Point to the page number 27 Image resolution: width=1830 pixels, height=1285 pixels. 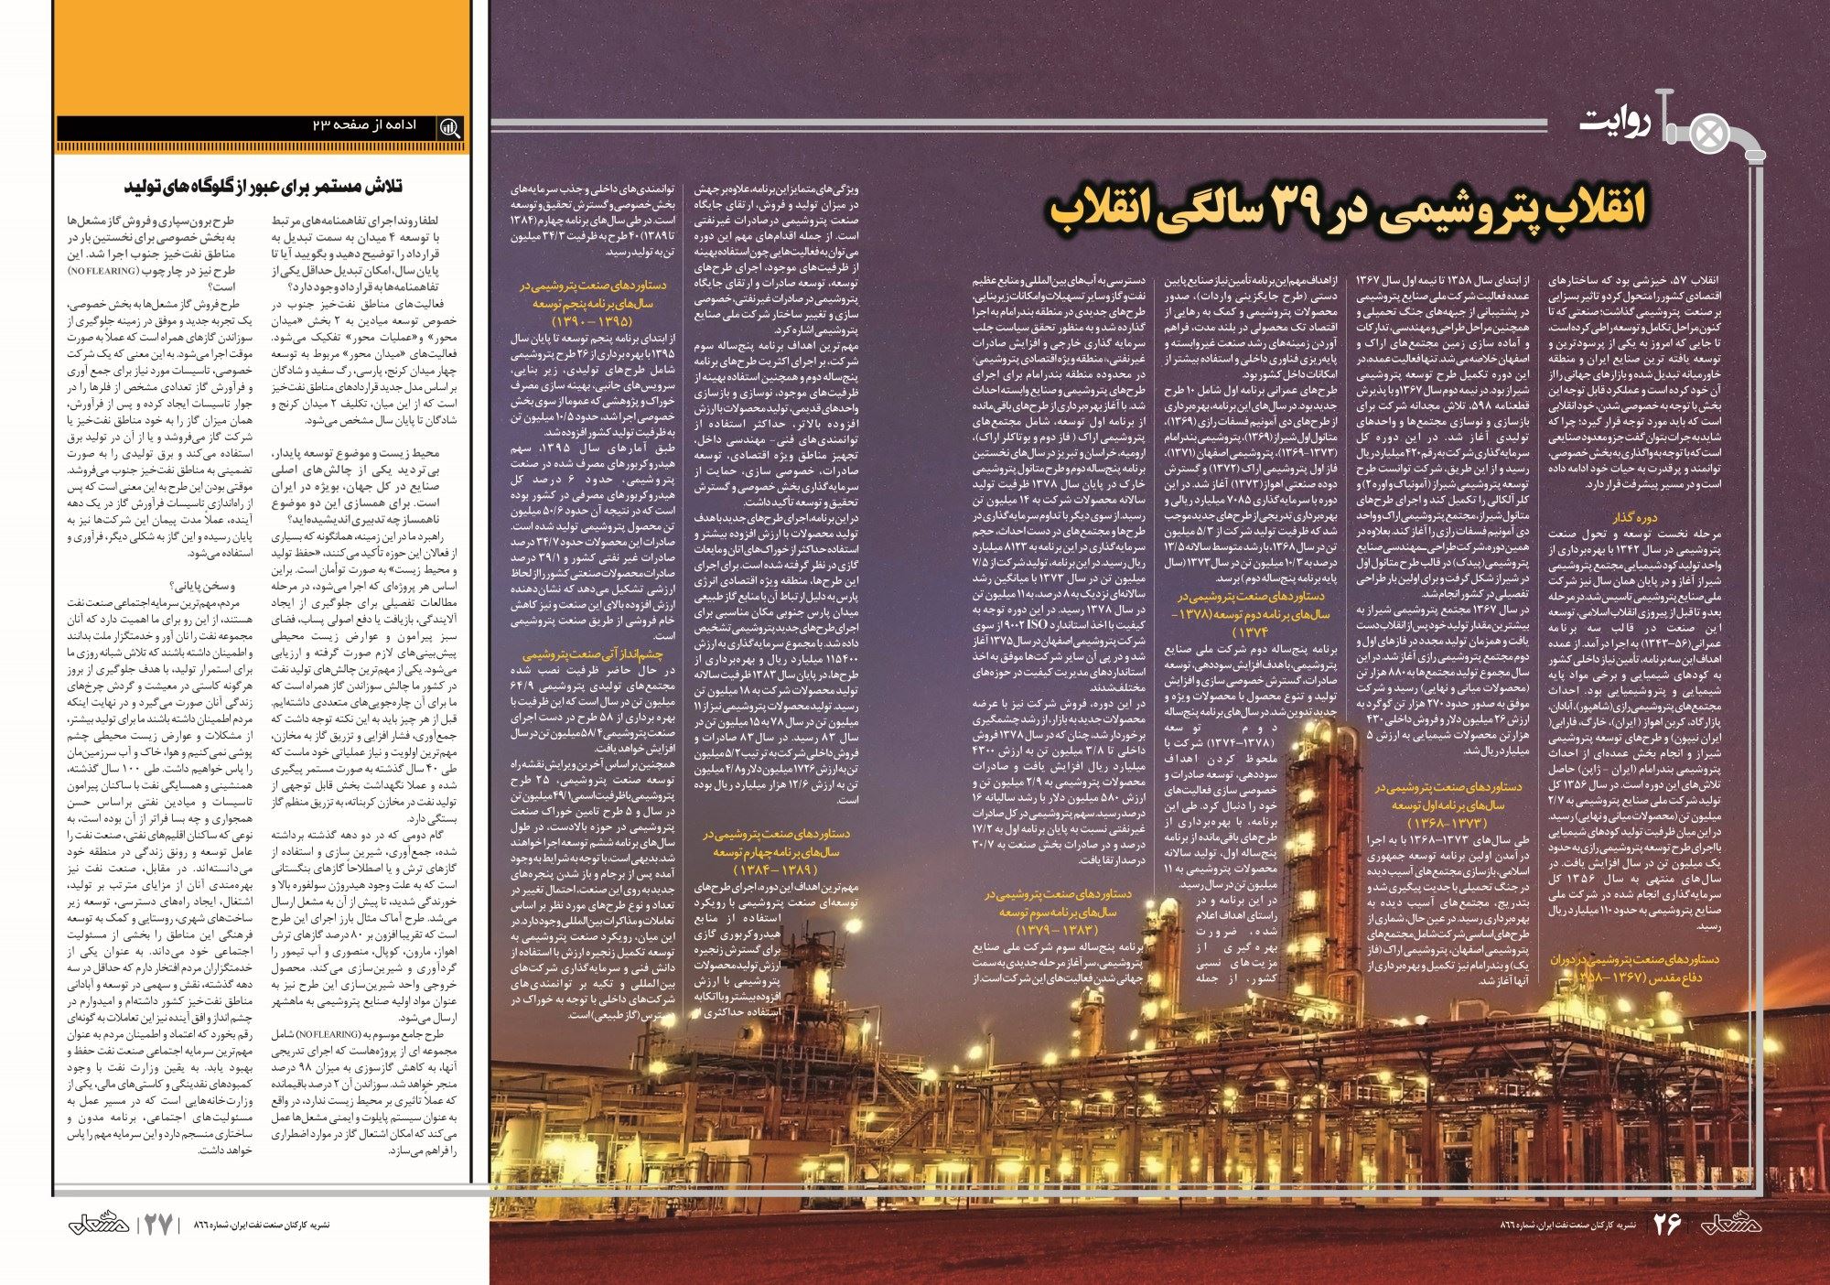click(158, 1225)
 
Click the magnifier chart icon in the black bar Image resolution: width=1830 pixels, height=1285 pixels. click(450, 127)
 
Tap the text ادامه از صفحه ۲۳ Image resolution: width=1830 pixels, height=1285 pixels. click(363, 125)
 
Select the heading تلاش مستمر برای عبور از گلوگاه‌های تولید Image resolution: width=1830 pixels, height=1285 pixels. click(264, 187)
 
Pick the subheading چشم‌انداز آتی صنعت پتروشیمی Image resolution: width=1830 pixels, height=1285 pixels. click(592, 654)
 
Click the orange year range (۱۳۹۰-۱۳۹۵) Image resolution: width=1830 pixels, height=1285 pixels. click(592, 322)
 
